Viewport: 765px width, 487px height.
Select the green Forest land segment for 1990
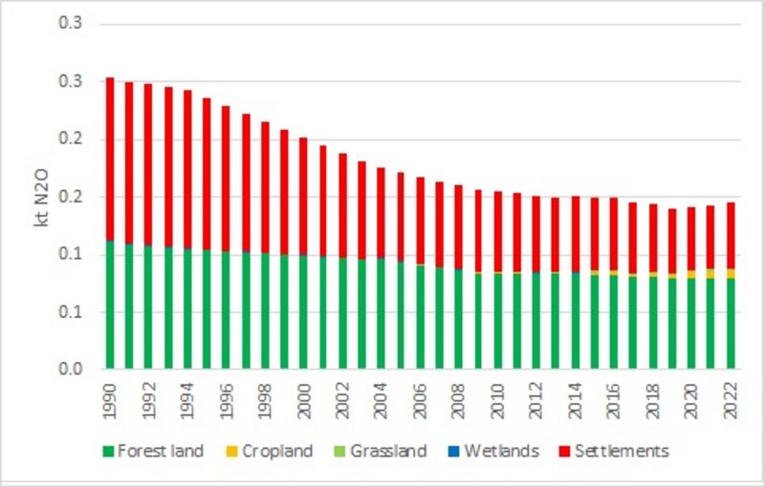point(110,306)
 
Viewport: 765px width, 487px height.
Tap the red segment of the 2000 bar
point(303,196)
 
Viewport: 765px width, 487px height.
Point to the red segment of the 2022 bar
point(731,235)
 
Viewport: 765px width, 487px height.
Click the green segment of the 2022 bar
point(731,325)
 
